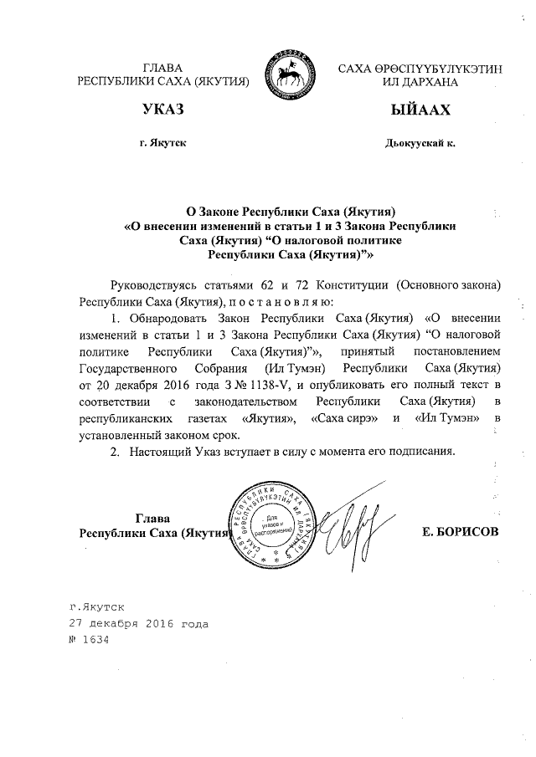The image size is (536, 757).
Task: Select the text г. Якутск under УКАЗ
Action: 163,143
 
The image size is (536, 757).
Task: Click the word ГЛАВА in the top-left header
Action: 162,67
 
